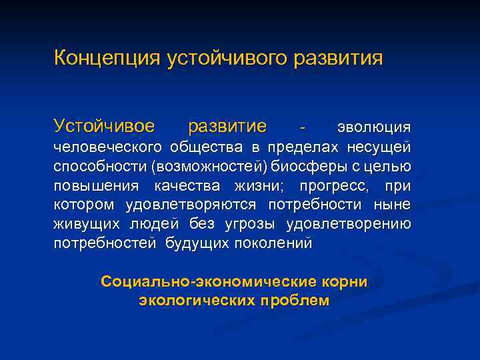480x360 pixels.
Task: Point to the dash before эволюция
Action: [304, 127]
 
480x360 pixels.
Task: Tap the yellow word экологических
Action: [195, 301]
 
